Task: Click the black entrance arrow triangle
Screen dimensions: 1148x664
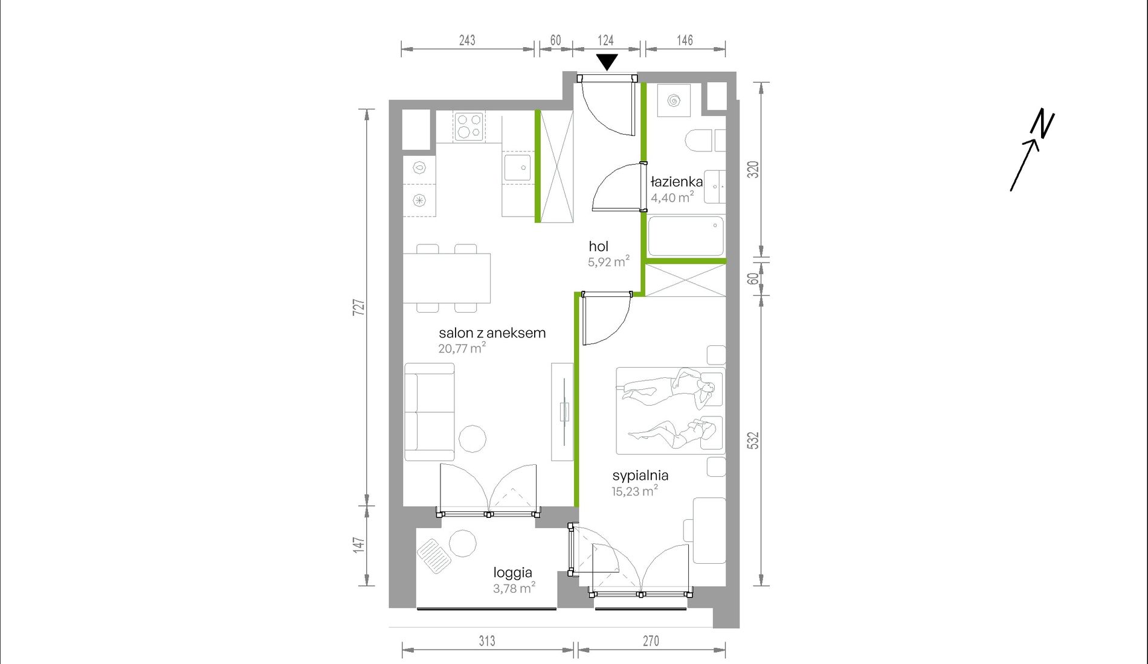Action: point(607,62)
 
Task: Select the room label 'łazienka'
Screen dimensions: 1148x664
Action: point(676,181)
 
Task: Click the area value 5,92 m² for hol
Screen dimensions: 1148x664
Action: point(608,261)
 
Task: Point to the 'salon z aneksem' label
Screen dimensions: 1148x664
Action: point(492,333)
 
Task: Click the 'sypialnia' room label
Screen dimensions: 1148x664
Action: point(640,475)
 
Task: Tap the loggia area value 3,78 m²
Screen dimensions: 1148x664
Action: point(514,588)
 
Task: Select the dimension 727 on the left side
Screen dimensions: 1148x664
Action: point(359,307)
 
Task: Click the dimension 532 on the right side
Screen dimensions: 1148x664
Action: point(753,440)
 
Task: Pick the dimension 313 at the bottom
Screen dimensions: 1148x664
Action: point(487,641)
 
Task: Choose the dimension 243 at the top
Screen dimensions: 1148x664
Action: point(467,40)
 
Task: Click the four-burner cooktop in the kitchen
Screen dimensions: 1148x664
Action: point(469,127)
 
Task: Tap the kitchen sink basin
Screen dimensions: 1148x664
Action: point(517,167)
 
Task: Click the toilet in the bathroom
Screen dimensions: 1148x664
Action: point(698,141)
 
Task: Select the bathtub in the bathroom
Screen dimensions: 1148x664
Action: point(686,236)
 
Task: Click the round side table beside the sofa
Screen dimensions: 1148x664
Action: point(472,439)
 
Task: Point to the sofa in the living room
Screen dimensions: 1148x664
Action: point(429,412)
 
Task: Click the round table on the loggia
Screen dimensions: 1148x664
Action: point(463,543)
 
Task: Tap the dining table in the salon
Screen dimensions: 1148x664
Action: point(447,278)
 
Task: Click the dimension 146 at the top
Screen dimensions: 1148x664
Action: point(685,40)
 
